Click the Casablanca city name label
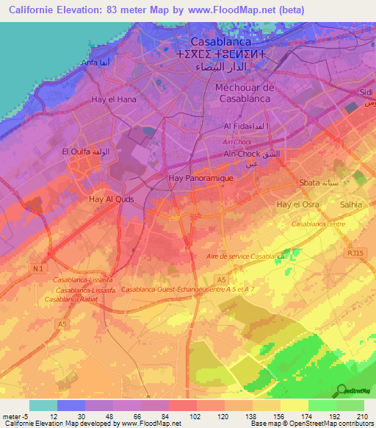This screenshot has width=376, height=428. coord(222,43)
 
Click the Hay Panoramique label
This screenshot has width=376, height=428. coord(200,178)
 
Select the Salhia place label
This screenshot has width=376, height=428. coord(348,204)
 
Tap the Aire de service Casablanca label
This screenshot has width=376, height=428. coord(245,257)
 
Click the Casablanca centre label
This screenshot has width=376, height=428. coord(318,223)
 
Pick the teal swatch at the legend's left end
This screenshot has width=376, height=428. coord(43,405)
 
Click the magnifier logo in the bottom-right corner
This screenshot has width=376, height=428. coord(341,390)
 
